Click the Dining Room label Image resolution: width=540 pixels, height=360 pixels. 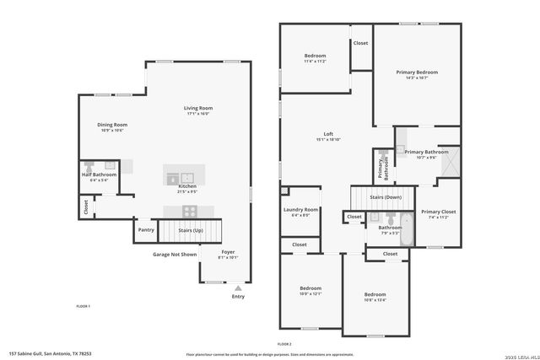pyautogui.click(x=112, y=124)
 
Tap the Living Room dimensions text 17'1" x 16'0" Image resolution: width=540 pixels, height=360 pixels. pyautogui.click(x=199, y=114)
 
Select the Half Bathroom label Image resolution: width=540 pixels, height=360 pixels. pyautogui.click(x=99, y=175)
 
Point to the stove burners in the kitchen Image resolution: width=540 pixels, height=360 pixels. pyautogui.click(x=191, y=211)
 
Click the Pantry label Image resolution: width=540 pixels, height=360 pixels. pyautogui.click(x=146, y=229)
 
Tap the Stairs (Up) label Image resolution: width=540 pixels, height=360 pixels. pyautogui.click(x=192, y=229)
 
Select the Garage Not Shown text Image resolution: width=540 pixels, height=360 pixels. pyautogui.click(x=175, y=254)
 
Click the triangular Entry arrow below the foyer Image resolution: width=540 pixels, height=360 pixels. pyautogui.click(x=238, y=288)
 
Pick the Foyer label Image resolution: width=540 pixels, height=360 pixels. pyautogui.click(x=228, y=251)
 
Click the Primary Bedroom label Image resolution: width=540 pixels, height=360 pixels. pyautogui.click(x=417, y=73)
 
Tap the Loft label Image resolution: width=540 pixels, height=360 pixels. pyautogui.click(x=329, y=134)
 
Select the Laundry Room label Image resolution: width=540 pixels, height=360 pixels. pyautogui.click(x=300, y=209)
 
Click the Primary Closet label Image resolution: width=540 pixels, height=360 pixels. pyautogui.click(x=438, y=212)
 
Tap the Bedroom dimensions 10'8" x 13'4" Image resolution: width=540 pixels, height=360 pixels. pyautogui.click(x=375, y=299)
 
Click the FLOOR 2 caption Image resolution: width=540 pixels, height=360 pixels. pyautogui.click(x=284, y=344)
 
